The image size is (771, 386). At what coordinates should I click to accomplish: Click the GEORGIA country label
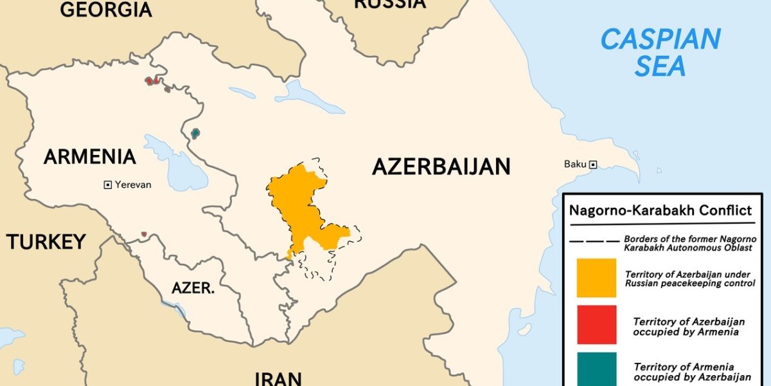click(105, 9)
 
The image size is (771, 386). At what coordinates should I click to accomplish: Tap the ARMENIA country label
click(90, 156)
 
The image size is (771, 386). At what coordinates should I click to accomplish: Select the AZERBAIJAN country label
click(441, 167)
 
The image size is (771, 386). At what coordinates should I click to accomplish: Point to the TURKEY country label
click(46, 241)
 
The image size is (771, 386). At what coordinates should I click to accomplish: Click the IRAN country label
click(278, 378)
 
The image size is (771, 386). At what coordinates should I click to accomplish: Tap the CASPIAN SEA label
click(660, 53)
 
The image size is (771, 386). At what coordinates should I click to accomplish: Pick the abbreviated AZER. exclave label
click(193, 288)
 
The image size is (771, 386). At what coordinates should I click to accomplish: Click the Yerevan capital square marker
click(108, 185)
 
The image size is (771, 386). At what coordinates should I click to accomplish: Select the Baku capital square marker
click(593, 165)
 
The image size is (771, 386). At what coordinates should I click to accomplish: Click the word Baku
click(575, 164)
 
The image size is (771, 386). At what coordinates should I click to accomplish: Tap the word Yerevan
click(134, 185)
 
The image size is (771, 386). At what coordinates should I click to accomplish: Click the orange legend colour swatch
click(596, 278)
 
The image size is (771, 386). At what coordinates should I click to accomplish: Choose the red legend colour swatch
click(596, 326)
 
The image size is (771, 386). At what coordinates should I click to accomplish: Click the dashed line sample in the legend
click(594, 242)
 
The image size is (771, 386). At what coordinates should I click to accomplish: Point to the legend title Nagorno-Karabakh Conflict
click(660, 210)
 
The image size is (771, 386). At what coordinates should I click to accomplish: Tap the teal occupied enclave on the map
click(195, 134)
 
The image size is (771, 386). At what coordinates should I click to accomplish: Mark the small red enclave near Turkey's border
click(144, 234)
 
